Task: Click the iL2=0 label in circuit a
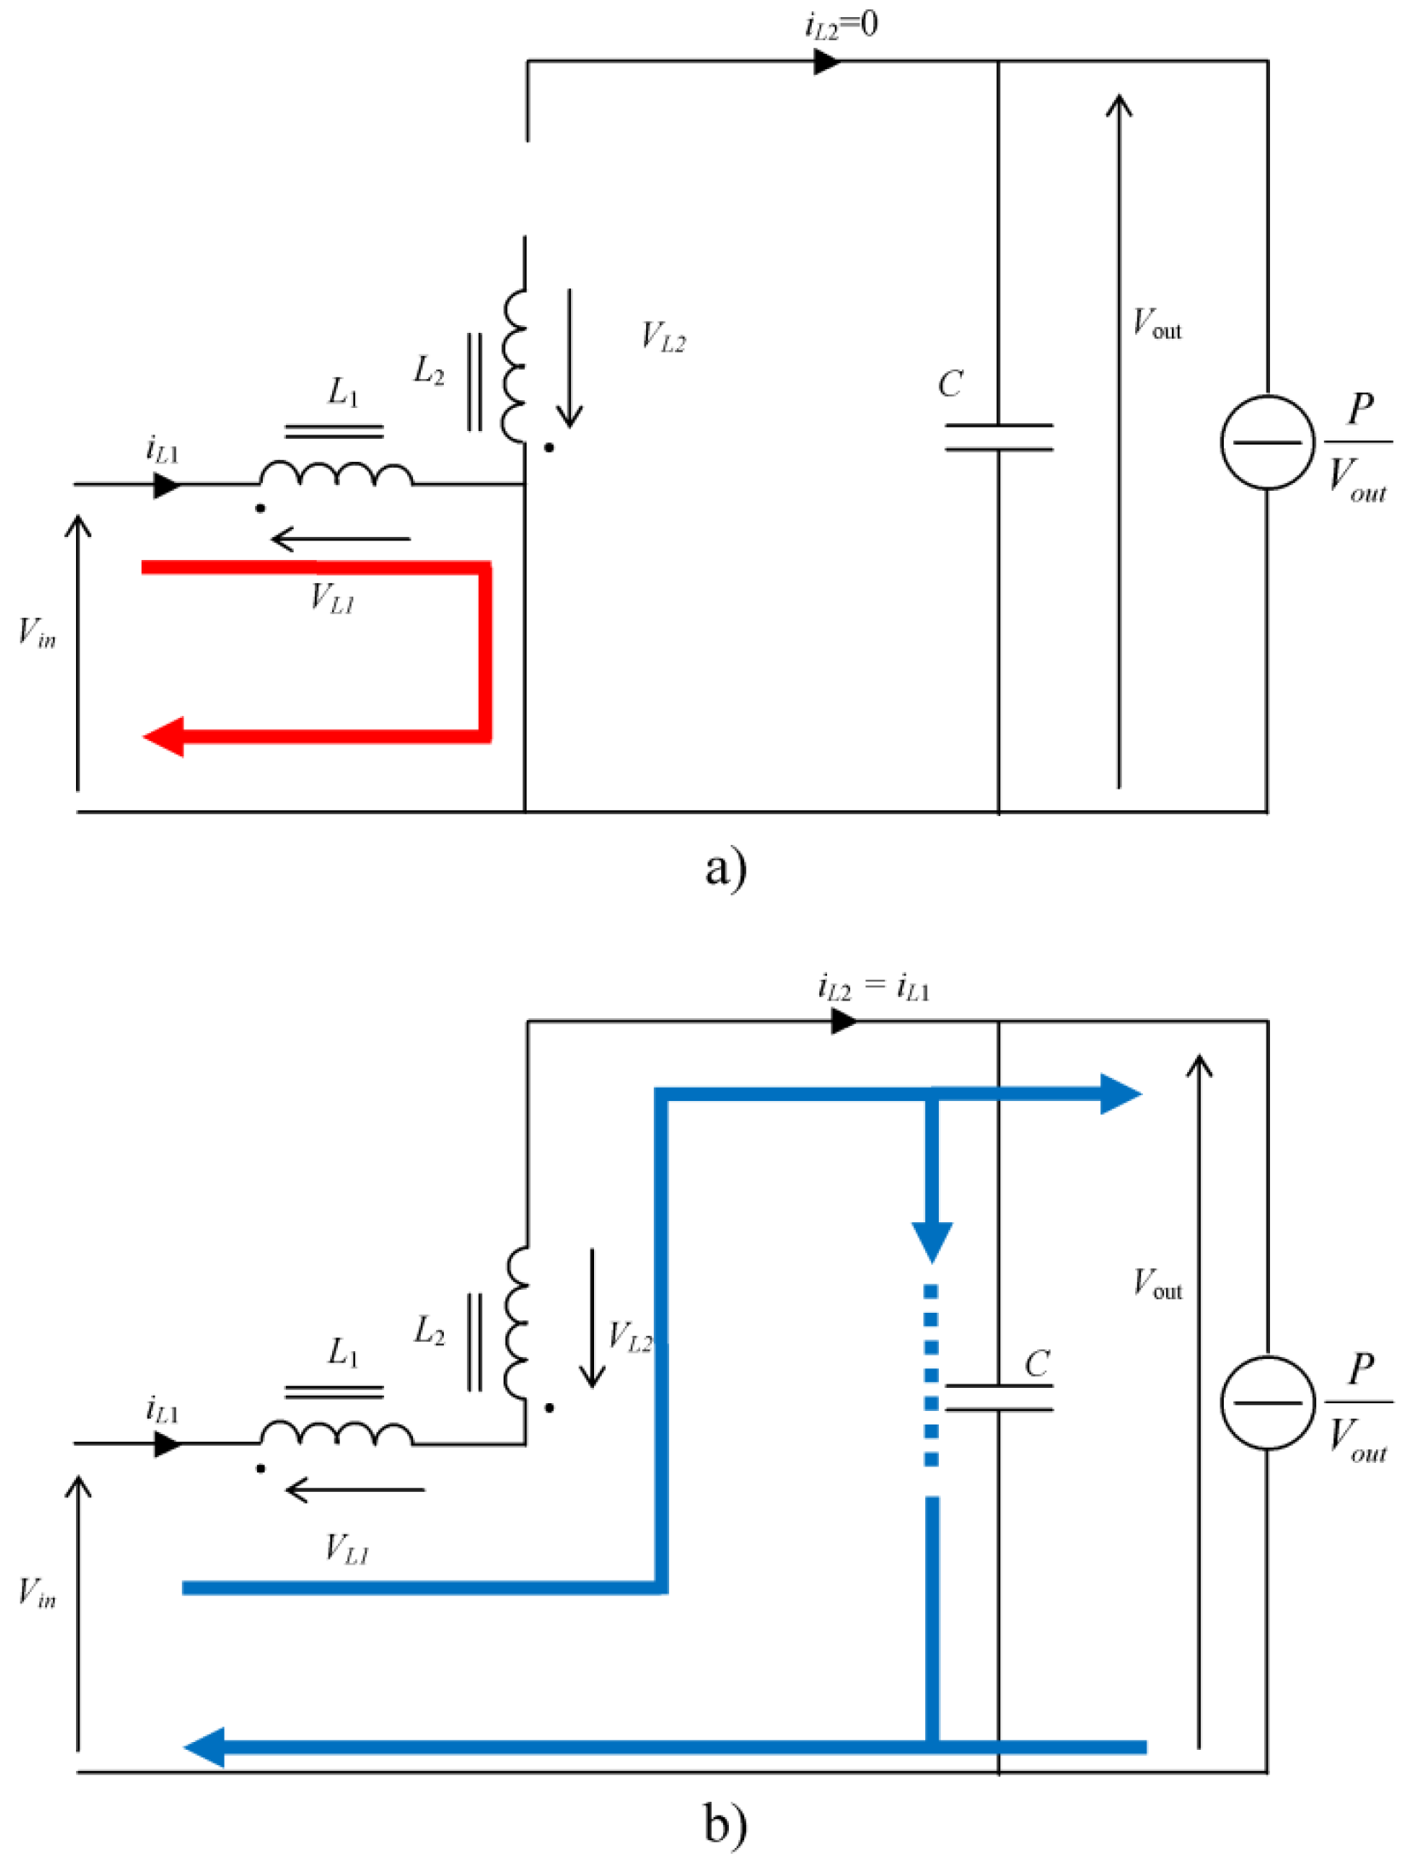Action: [x=841, y=25]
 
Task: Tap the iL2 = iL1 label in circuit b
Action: [x=872, y=987]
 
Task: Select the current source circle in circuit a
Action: [x=1267, y=441]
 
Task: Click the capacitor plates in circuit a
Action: [x=998, y=437]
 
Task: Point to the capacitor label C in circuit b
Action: [x=1036, y=1362]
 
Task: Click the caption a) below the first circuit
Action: [x=725, y=869]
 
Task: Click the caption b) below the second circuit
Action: [x=725, y=1824]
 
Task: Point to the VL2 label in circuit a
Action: [x=662, y=337]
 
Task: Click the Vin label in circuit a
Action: [x=37, y=633]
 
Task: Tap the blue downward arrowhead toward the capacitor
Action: [x=931, y=1242]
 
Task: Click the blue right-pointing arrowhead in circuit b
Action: [x=1120, y=1093]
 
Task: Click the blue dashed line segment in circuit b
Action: [x=931, y=1374]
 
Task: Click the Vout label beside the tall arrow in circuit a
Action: [x=1157, y=324]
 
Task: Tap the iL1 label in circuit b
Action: [x=162, y=1408]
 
